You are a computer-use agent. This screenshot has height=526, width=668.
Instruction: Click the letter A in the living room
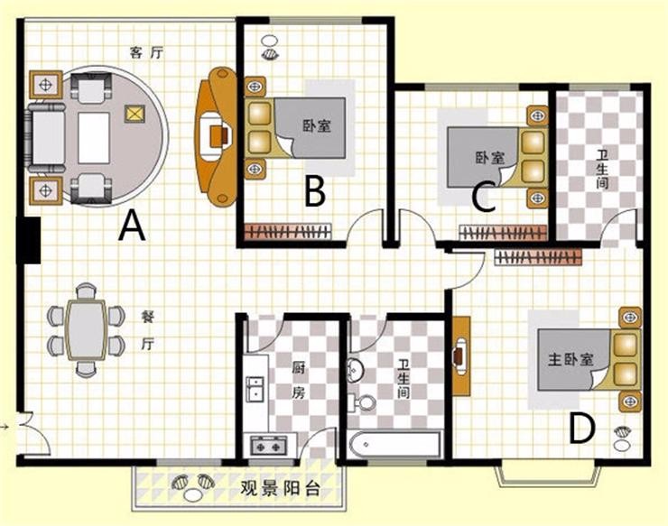point(133,227)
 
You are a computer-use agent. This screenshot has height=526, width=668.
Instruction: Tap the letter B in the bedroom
point(315,191)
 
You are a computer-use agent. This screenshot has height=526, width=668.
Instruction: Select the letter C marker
point(484,198)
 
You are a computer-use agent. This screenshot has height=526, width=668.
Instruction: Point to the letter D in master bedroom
point(582,429)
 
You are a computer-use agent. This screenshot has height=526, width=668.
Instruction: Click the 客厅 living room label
point(146,53)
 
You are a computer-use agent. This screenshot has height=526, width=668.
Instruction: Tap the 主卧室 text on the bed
point(571,360)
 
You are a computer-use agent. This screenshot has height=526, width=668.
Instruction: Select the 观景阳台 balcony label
point(280,488)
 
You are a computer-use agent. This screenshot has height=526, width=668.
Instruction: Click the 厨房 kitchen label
point(298,380)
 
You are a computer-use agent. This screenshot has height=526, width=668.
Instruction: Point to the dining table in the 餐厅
point(86,330)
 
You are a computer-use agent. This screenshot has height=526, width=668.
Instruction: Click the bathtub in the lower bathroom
point(394,446)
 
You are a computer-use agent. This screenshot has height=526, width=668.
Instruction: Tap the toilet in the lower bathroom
point(362,403)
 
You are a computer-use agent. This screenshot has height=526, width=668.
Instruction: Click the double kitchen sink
point(255,389)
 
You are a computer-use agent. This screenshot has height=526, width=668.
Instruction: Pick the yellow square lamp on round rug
point(135,114)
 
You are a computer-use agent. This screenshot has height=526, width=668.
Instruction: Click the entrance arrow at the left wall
point(5,426)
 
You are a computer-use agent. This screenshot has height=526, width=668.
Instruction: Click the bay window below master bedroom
point(548,474)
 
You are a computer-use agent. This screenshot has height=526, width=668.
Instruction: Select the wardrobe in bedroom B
point(287,231)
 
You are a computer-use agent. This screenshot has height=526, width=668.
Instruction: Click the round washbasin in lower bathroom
point(355,369)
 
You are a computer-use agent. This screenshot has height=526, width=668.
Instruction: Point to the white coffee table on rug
point(94,137)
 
